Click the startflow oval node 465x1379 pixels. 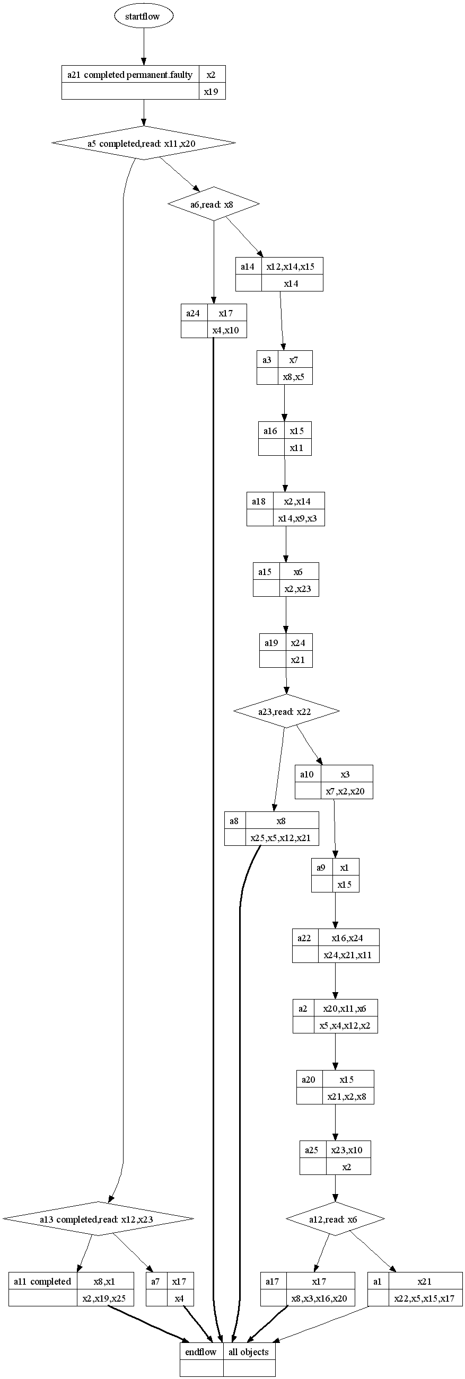(x=143, y=16)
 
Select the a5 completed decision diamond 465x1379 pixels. (x=143, y=143)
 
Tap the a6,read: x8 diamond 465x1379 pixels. (x=213, y=204)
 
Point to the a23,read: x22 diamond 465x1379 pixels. (x=286, y=711)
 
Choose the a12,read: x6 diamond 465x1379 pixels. (x=335, y=1219)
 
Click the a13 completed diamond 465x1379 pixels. (x=98, y=1219)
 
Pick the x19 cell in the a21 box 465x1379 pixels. (x=212, y=92)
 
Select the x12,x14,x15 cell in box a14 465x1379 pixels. (x=292, y=266)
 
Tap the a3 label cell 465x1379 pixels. (x=267, y=360)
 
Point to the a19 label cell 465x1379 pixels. (x=271, y=642)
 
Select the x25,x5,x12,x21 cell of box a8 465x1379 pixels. (x=281, y=838)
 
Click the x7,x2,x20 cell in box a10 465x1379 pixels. (x=346, y=791)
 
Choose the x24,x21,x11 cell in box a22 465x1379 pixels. (x=348, y=954)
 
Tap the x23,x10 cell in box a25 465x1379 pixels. (x=347, y=1150)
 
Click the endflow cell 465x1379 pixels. (x=201, y=1351)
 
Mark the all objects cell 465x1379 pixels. (x=249, y=1351)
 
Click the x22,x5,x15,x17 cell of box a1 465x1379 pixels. (x=424, y=1298)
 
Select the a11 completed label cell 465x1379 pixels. (x=43, y=1281)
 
